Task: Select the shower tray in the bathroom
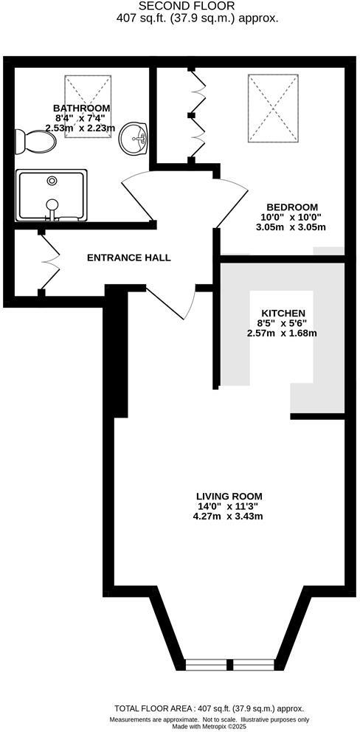[52, 196]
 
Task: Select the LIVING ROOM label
[229, 496]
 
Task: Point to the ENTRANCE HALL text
[129, 258]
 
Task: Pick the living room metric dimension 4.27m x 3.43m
[229, 516]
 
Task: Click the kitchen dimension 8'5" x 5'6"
[281, 322]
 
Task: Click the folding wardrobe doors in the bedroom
[197, 114]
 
